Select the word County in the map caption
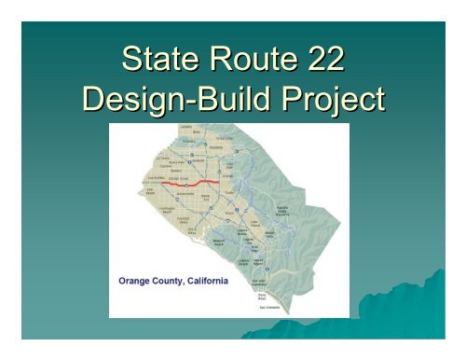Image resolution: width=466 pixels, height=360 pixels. [173, 280]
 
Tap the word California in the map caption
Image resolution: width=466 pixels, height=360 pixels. [211, 280]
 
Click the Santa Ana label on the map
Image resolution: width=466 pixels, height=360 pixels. [207, 198]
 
